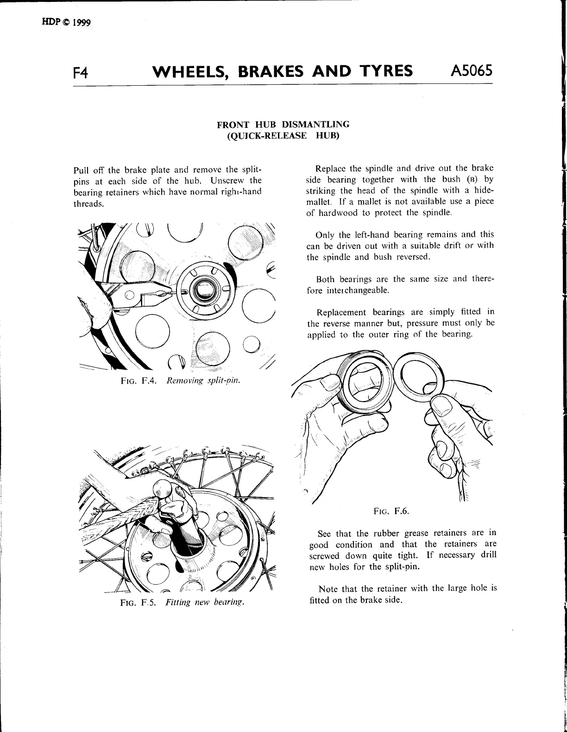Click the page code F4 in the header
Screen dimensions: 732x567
82,74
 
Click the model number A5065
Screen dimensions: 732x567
471,71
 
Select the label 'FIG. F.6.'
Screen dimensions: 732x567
391,511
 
